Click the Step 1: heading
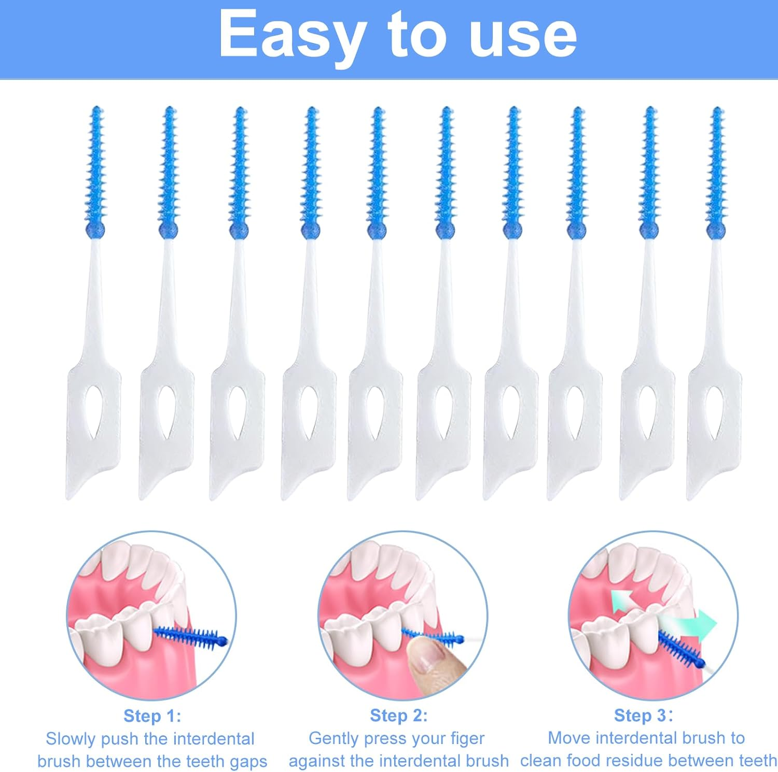coord(152,716)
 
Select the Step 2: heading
coord(398,716)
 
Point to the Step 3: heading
coord(643,716)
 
